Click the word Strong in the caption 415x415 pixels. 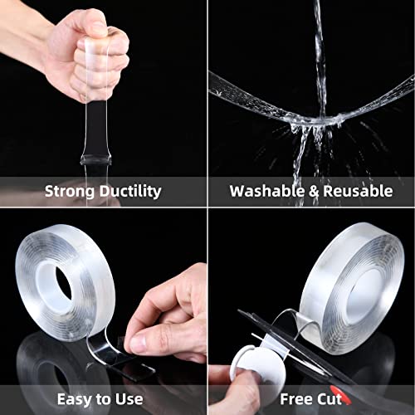click(71, 191)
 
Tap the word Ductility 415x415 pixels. click(130, 191)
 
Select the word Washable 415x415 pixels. click(267, 191)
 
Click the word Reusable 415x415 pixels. click(358, 191)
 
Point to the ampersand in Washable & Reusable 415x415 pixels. click(314, 191)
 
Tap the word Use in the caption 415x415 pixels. click(129, 399)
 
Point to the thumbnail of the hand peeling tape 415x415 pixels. click(138, 344)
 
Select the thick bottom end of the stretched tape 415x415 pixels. click(95, 160)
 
